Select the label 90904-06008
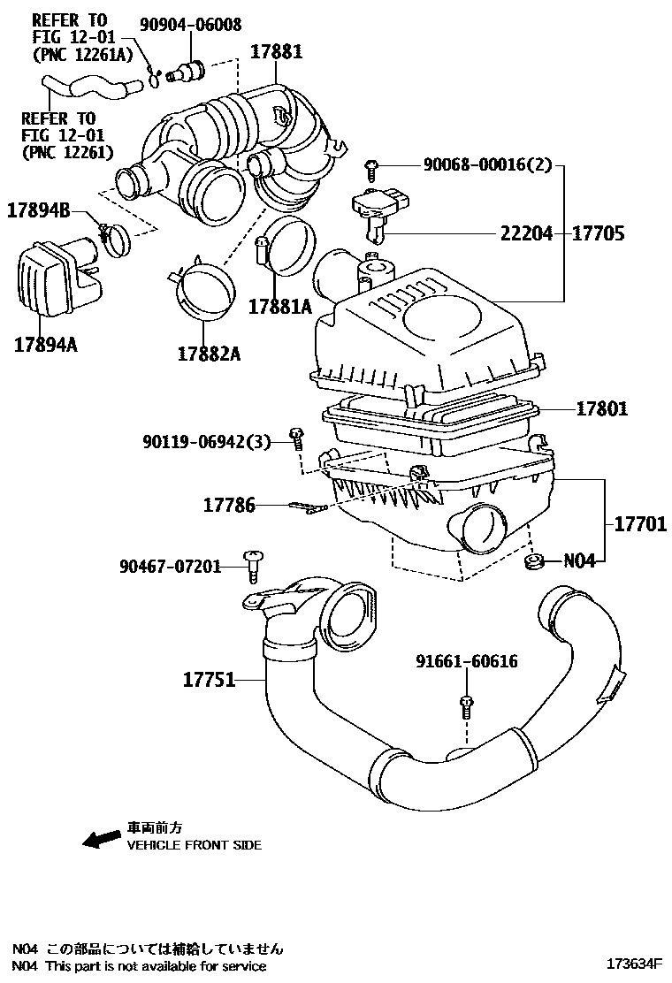click(x=189, y=25)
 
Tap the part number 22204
click(x=526, y=233)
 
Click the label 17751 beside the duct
click(x=210, y=680)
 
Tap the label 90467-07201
click(x=170, y=566)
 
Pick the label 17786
click(x=229, y=505)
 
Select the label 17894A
click(x=45, y=344)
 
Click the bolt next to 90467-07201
click(x=251, y=565)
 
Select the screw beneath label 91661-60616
click(x=466, y=705)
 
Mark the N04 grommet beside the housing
click(x=534, y=562)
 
